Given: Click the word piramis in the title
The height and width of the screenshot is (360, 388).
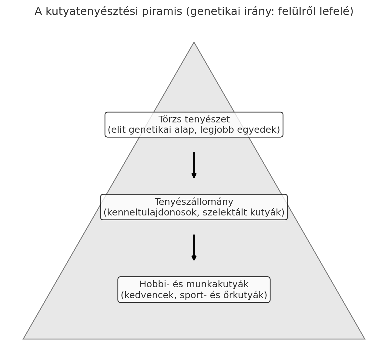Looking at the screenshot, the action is [x=162, y=11].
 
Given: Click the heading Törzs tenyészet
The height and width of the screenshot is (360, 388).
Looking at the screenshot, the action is [x=194, y=119].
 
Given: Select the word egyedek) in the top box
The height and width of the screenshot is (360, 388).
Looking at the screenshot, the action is [x=259, y=130].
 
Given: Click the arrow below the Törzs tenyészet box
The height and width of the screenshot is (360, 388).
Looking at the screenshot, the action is [x=194, y=165].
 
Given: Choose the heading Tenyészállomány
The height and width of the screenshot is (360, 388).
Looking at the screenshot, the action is [x=194, y=202].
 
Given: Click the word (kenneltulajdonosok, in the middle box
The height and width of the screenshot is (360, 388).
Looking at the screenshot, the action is [x=151, y=212].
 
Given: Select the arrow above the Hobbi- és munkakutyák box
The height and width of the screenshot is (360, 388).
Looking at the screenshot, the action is [x=194, y=248].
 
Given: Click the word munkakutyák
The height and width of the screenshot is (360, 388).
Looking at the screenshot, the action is [x=217, y=285].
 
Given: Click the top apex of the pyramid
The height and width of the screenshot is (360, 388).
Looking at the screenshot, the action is [x=194, y=42].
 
